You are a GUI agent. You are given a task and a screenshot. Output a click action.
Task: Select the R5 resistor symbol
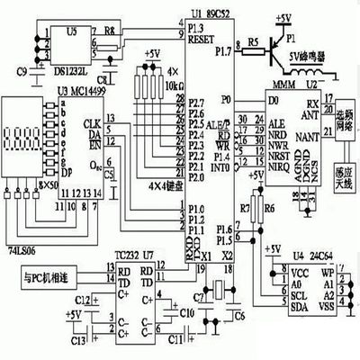pyautogui.click(x=253, y=42)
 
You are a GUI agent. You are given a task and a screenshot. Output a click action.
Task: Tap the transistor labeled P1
pyautogui.click(x=280, y=41)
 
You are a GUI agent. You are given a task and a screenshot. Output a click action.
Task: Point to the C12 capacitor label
pyautogui.click(x=80, y=298)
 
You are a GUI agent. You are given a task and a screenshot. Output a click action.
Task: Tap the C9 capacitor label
pyautogui.click(x=21, y=69)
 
